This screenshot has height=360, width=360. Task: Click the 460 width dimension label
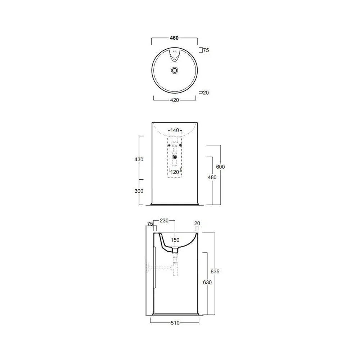[x=174, y=38]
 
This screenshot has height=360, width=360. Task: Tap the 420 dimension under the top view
[x=175, y=100]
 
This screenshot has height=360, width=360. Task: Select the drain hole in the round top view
[x=175, y=70]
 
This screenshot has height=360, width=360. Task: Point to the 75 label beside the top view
[x=206, y=50]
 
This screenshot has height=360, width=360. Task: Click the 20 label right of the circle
[x=206, y=93]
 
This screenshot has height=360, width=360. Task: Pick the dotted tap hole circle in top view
[x=175, y=52]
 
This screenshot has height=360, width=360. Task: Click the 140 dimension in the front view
[x=175, y=130]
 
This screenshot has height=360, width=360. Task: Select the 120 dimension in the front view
[x=175, y=172]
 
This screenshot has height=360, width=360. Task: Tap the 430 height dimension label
[x=139, y=159]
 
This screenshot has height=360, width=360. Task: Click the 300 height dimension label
[x=139, y=191]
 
